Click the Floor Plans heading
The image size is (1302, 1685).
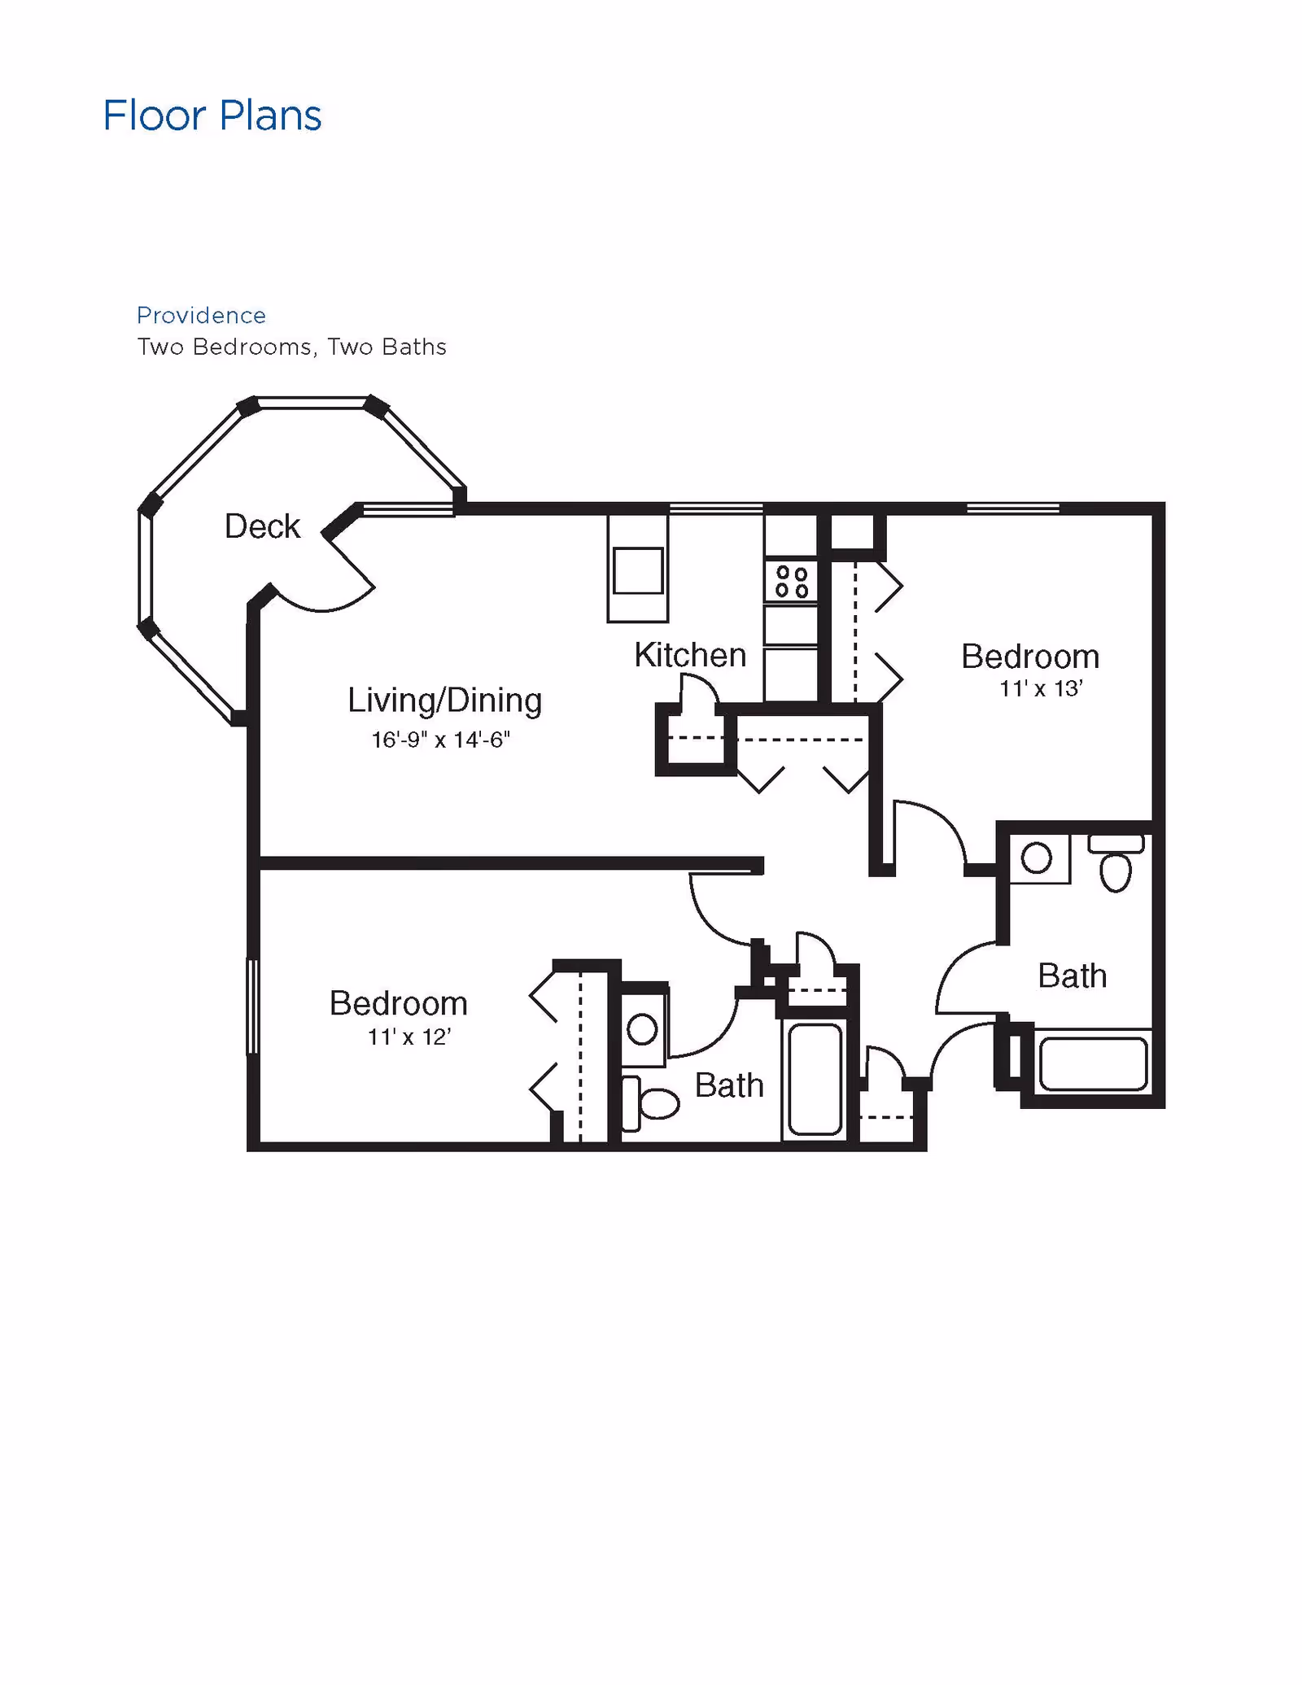pyautogui.click(x=212, y=116)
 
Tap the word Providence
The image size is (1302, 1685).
pyautogui.click(x=201, y=315)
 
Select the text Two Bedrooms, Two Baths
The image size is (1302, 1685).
pyautogui.click(x=291, y=347)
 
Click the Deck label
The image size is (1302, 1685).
pyautogui.click(x=262, y=526)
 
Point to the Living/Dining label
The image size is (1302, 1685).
pyautogui.click(x=444, y=701)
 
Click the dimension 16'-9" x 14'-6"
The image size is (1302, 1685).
pyautogui.click(x=440, y=740)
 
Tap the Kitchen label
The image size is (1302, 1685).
pyautogui.click(x=690, y=655)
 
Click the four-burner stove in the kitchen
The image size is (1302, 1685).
pyautogui.click(x=791, y=581)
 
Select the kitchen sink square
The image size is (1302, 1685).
pyautogui.click(x=638, y=570)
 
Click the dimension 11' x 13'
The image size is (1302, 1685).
pyautogui.click(x=1041, y=689)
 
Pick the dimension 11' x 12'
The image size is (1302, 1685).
pyautogui.click(x=409, y=1037)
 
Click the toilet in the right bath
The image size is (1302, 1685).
pyautogui.click(x=1116, y=863)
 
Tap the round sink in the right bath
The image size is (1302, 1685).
pyautogui.click(x=1037, y=858)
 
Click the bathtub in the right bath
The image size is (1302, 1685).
pyautogui.click(x=1093, y=1063)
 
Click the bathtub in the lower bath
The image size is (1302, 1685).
pyautogui.click(x=815, y=1079)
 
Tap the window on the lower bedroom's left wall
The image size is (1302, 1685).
pyautogui.click(x=252, y=1006)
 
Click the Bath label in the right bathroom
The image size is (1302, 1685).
pyautogui.click(x=1072, y=976)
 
